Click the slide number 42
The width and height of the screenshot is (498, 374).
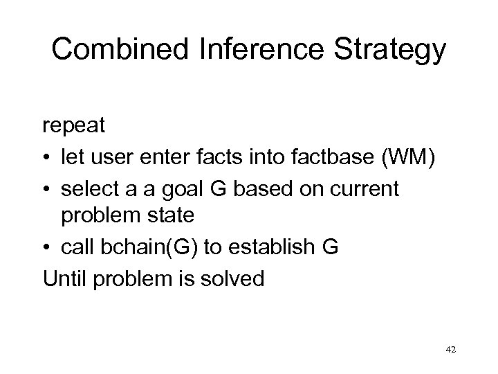[x=450, y=351]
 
